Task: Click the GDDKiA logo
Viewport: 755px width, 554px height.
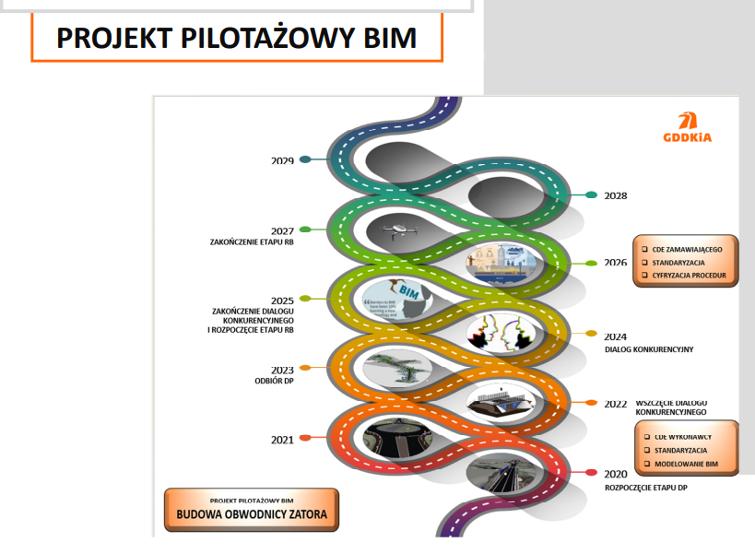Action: [687, 128]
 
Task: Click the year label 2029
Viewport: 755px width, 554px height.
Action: [282, 160]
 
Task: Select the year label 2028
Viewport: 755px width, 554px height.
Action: [616, 195]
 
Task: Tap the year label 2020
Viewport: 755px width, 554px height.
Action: [616, 473]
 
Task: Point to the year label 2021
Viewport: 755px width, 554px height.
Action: [282, 439]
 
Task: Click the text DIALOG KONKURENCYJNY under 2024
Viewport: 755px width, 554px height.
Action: [649, 349]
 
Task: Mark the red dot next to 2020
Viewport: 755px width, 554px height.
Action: [591, 473]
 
